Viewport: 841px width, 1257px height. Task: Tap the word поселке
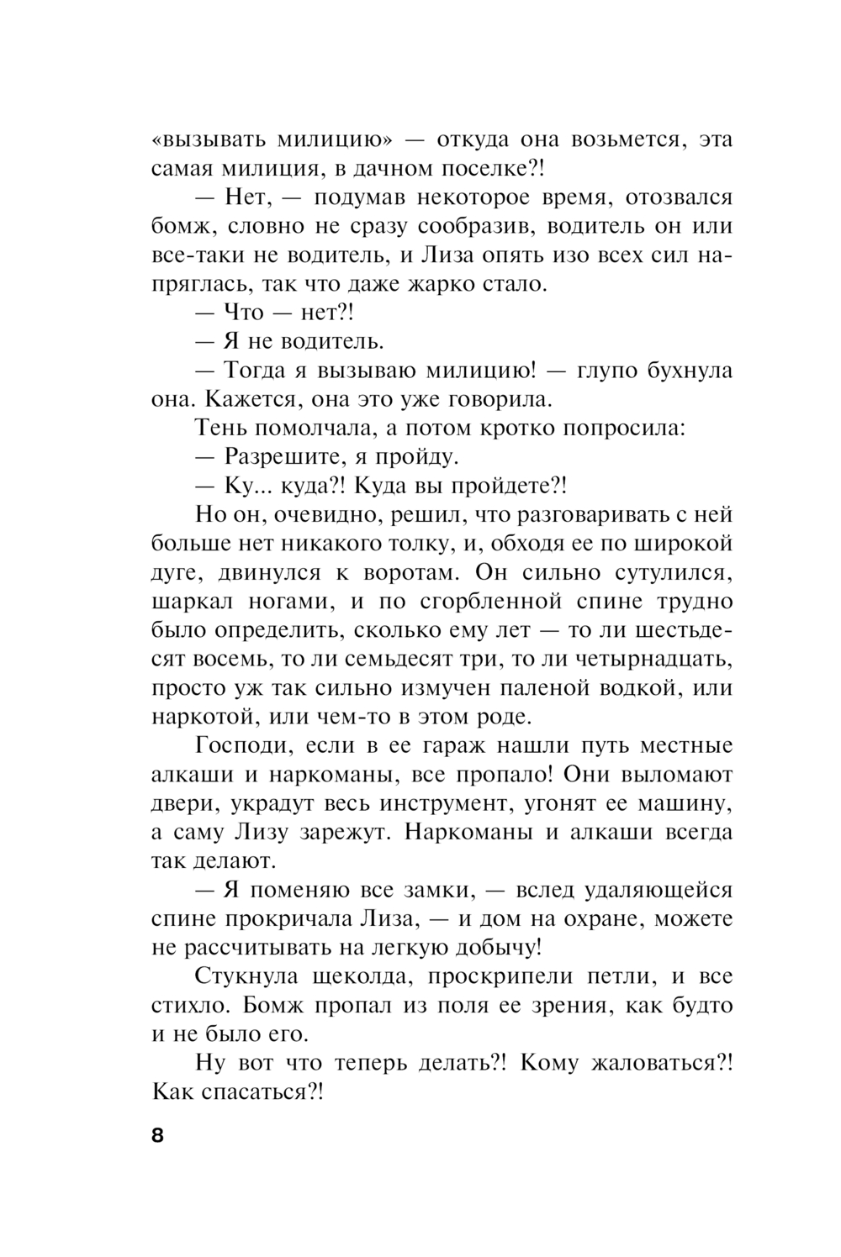pos(489,168)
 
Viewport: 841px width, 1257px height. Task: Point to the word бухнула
pos(680,370)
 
